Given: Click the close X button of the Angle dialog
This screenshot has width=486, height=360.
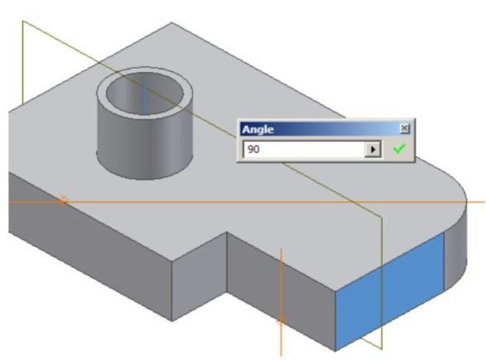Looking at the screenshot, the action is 405,128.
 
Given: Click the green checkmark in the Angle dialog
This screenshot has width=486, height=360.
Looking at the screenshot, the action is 399,149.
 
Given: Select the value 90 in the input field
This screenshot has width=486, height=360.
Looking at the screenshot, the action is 253,149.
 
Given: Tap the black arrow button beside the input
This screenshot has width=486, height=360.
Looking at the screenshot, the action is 373,149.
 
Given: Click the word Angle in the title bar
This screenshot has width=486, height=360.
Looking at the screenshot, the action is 257,129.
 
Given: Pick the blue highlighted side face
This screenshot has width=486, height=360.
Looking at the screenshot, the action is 389,291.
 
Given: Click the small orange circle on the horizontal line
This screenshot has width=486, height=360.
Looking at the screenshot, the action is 63,200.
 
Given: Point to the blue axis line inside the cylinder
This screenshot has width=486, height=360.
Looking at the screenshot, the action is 144,97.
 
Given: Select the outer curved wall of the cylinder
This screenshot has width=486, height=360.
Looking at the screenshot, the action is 145,146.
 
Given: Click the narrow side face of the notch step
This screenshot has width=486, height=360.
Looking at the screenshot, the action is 200,276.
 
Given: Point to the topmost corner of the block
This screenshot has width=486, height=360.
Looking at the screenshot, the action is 171,22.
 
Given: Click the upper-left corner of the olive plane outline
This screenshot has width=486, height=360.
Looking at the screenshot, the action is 22,21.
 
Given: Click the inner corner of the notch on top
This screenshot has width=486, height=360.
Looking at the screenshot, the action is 227,232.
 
